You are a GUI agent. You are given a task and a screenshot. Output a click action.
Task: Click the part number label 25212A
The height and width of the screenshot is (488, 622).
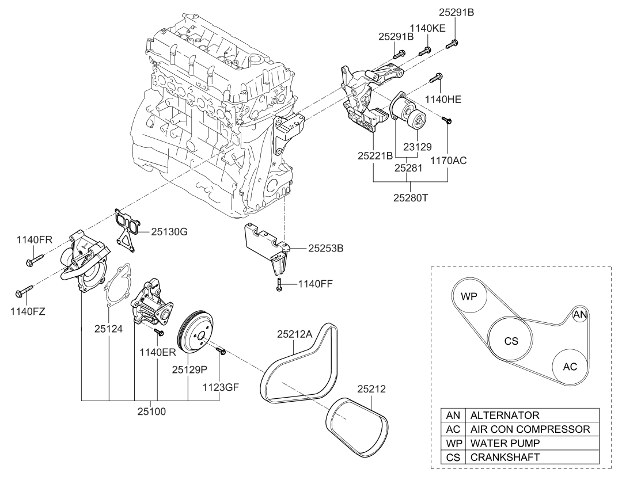point(295,334)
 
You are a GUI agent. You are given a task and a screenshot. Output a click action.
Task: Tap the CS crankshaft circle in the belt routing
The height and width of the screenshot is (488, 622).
point(511,341)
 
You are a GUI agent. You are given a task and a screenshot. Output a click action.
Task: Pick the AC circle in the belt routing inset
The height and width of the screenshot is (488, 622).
point(570,367)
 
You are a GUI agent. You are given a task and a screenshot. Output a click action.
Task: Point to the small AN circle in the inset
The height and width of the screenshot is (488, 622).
point(580,314)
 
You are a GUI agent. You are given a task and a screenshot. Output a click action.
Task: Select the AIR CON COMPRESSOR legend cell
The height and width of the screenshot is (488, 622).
point(530,429)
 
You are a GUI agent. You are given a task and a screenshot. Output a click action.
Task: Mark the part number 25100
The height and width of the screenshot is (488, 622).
point(151,413)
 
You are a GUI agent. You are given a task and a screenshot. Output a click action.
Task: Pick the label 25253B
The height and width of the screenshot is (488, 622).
point(326,249)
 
